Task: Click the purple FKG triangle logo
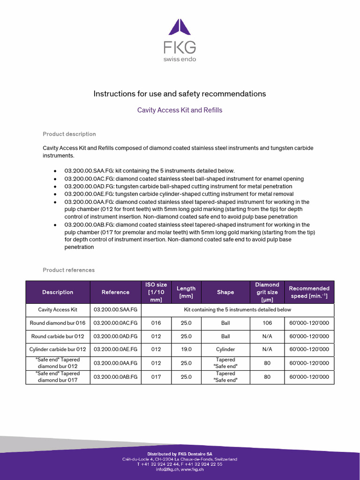180,27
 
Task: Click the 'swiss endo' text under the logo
180,59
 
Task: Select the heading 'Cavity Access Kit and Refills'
180,110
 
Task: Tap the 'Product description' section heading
69,134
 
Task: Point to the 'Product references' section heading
68,270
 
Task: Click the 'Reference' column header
115,292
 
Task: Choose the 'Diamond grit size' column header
267,292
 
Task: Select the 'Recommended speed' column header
309,292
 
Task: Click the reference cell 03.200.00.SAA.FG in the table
115,310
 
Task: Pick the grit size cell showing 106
267,323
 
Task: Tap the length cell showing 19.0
186,349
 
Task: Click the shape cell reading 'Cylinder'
225,349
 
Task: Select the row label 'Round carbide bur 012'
58,336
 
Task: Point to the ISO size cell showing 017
156,377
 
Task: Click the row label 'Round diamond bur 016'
58,323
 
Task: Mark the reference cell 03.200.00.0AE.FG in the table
115,349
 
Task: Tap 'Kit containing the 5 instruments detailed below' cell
238,310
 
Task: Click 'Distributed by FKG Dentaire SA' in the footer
180,454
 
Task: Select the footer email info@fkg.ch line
180,470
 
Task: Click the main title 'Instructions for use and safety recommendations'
180,94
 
